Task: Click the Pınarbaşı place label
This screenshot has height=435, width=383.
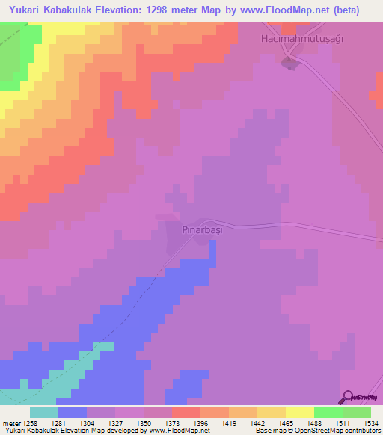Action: [203, 231]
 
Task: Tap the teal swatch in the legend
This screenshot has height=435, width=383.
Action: [43, 411]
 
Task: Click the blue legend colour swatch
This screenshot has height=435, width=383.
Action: [72, 411]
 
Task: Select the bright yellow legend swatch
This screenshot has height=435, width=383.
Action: [299, 411]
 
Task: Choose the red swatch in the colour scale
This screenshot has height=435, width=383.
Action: [186, 411]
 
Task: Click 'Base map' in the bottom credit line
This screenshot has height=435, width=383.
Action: [266, 431]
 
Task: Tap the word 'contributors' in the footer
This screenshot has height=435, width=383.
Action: [362, 431]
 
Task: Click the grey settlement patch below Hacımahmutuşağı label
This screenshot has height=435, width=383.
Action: [289, 64]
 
